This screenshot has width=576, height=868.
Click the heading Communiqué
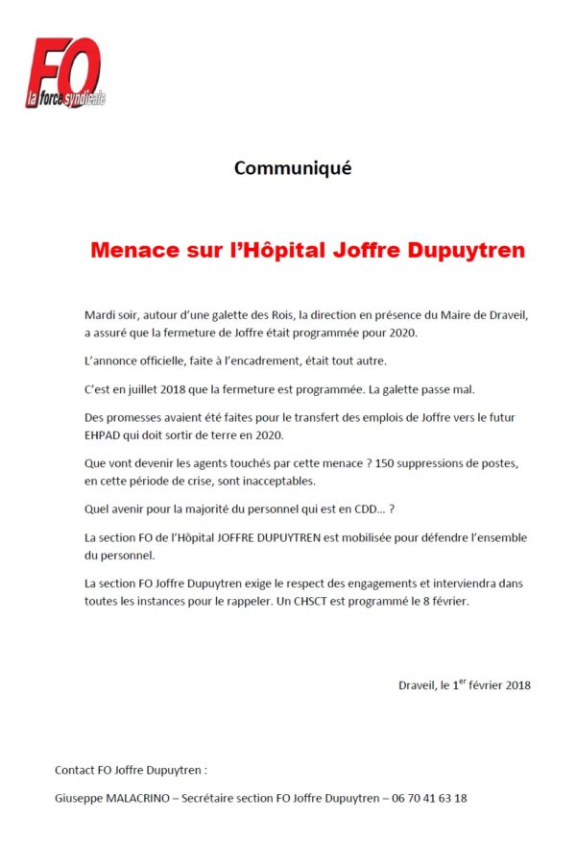coord(293,167)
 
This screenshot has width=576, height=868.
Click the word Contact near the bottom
coord(75,769)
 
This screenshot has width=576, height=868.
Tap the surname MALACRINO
coord(138,797)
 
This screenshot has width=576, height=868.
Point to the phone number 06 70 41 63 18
coord(429,797)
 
